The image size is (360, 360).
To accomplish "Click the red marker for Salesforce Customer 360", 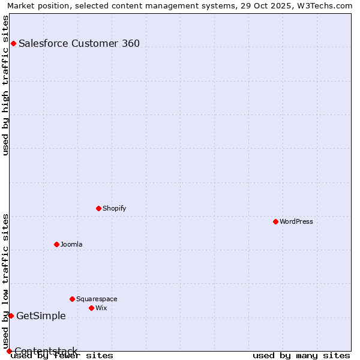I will point(13,43).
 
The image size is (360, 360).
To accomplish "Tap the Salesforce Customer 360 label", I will point(79,43).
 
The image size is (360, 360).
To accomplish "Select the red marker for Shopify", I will point(98,209).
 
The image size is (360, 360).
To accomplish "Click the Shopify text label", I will point(114,209).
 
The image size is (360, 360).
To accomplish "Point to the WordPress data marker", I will point(275,222).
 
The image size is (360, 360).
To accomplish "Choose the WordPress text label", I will point(296,222).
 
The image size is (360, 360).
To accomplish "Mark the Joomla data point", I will point(56,244).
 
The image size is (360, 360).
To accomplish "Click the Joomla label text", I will point(71,244).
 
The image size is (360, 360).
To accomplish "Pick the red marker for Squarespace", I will point(72,299).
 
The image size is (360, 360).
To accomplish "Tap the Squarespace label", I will point(97,299).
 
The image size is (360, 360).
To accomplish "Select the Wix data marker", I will point(91,308).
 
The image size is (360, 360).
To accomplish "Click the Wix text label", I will point(101,308).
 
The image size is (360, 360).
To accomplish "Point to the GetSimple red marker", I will point(11,316).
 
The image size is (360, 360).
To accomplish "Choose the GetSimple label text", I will point(41,316).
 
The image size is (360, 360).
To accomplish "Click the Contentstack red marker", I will point(9,351).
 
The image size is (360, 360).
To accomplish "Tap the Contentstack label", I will point(46,351).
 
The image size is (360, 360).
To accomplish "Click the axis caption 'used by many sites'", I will point(301,356).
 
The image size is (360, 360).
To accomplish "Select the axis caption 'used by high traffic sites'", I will point(6,85).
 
